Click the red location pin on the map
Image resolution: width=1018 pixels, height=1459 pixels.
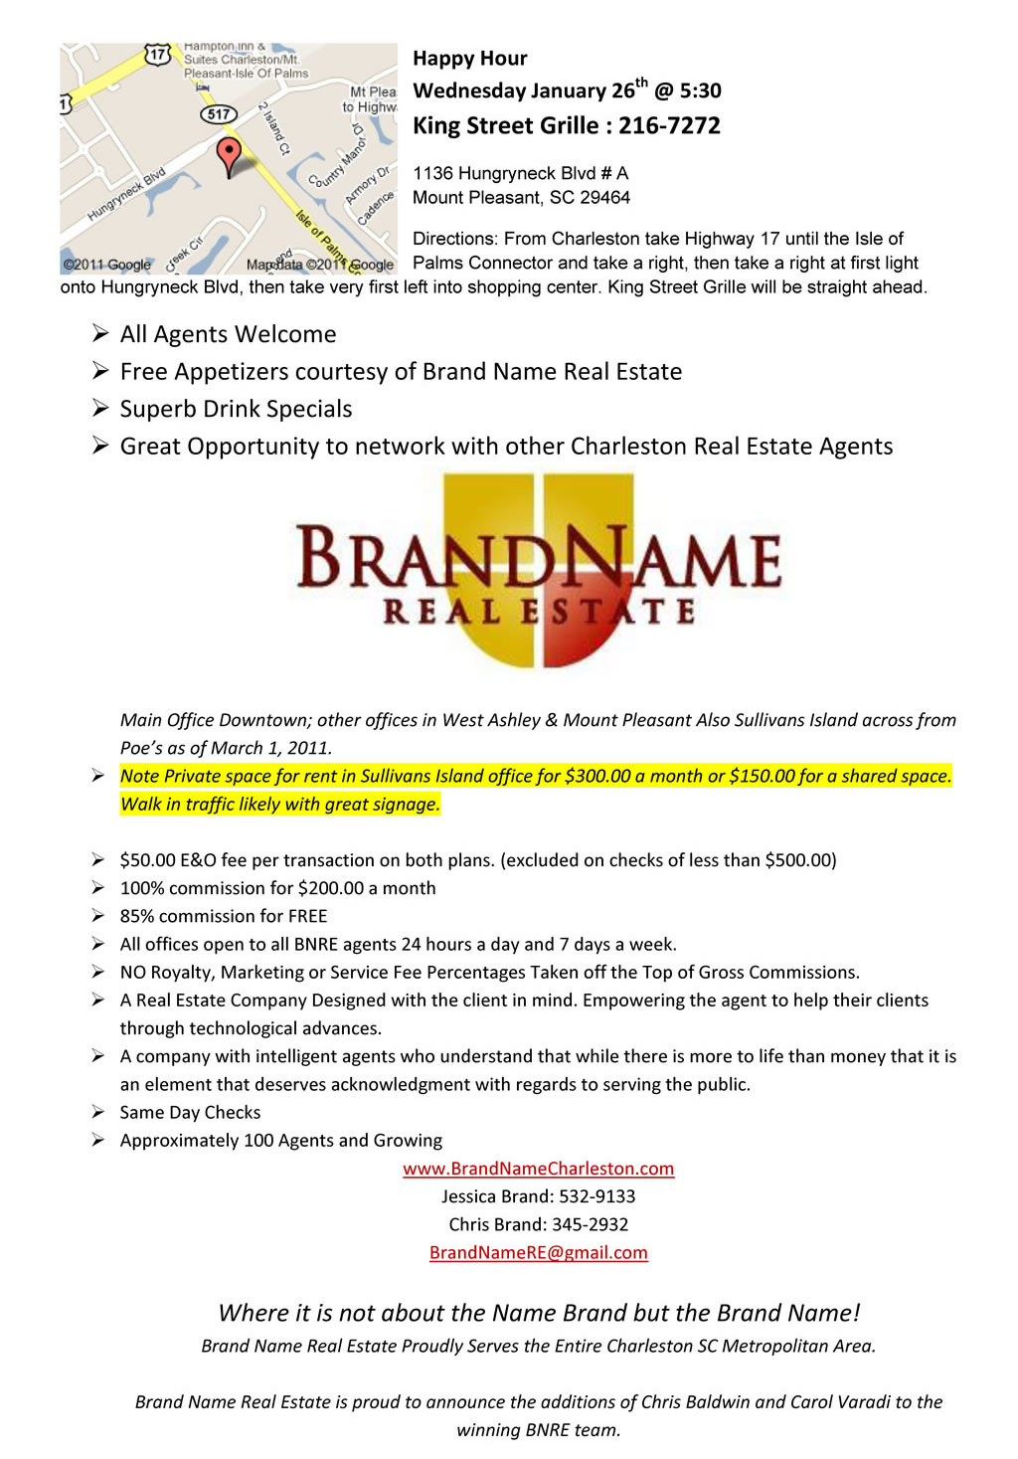[x=229, y=155]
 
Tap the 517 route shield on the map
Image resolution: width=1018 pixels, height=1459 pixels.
[x=218, y=114]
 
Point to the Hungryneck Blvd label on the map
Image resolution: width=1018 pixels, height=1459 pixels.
[x=126, y=194]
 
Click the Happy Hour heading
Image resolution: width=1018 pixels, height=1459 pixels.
[x=469, y=59]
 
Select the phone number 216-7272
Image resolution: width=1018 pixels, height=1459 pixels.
[x=669, y=126]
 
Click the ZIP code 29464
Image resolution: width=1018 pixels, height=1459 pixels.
[x=604, y=198]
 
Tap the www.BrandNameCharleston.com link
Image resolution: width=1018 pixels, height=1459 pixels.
[x=538, y=1169]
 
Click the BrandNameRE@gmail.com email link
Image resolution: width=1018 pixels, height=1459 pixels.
[x=538, y=1253]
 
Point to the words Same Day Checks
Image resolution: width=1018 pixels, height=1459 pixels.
[x=190, y=1113]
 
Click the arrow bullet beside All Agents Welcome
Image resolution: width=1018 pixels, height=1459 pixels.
[x=100, y=333]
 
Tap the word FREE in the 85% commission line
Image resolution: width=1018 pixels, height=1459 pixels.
[x=307, y=916]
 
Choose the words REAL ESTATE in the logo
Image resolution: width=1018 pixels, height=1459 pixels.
[x=539, y=611]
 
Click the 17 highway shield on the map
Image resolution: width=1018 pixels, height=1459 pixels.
[x=157, y=55]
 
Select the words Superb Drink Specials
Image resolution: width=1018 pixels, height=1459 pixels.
[x=236, y=409]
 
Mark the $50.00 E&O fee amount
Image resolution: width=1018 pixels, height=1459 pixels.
[x=147, y=860]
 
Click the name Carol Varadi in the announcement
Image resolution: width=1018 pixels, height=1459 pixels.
[x=840, y=1402]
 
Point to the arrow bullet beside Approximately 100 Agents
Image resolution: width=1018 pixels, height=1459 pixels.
[x=98, y=1140]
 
